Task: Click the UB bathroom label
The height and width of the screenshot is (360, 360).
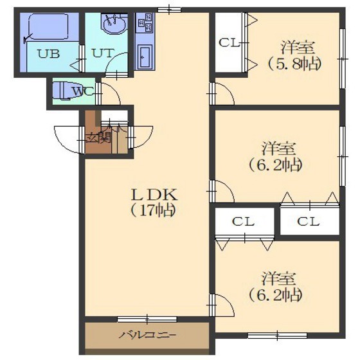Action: [49, 53]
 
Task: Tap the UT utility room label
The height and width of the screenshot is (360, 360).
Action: [103, 53]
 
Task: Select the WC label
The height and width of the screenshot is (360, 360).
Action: [83, 92]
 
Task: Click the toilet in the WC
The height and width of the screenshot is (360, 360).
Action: [64, 91]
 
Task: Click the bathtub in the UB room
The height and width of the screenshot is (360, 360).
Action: [48, 26]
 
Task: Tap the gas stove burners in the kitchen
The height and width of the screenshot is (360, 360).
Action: [145, 22]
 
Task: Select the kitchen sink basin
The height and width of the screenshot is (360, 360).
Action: [145, 57]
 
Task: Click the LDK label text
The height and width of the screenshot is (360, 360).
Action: [154, 195]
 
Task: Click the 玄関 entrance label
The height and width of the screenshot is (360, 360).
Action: [98, 138]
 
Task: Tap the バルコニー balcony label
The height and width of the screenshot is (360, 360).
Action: [148, 336]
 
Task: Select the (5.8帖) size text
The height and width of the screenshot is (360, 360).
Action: [294, 64]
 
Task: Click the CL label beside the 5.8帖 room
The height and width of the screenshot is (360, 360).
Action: [229, 43]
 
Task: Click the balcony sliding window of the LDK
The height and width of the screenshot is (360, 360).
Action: [147, 319]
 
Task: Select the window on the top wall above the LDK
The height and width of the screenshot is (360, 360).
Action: [169, 10]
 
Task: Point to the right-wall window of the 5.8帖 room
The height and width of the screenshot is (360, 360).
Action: [342, 59]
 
